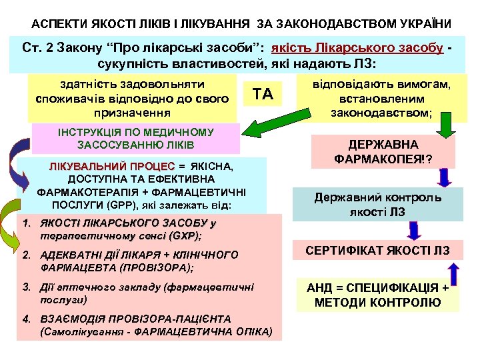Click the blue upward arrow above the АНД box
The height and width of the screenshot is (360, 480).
(x=454, y=273)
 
